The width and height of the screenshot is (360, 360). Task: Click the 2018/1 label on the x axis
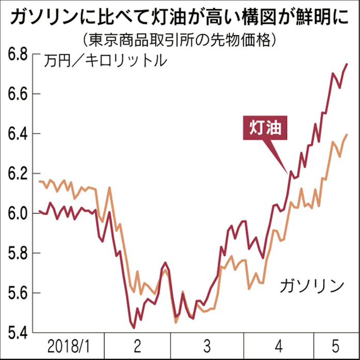[x=68, y=346]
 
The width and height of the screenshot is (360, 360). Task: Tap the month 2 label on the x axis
[x=137, y=346]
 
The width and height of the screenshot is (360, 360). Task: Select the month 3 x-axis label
[x=207, y=346]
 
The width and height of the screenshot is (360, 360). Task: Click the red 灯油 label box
[x=265, y=128]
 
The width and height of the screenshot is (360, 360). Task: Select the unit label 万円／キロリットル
[x=106, y=61]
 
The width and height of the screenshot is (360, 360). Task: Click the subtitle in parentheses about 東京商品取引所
[x=180, y=39]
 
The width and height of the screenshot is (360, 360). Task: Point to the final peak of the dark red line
[x=347, y=64]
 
